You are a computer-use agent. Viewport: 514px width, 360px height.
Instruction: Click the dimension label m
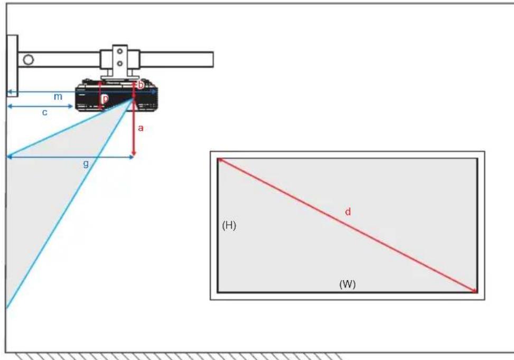click(x=58, y=97)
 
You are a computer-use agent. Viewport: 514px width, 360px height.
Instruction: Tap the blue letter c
click(x=45, y=112)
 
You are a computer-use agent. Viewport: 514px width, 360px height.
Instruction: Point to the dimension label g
click(x=86, y=164)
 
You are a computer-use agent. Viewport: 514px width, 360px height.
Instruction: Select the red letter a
click(x=141, y=128)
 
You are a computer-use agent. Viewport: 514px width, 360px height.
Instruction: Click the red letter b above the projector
click(x=141, y=85)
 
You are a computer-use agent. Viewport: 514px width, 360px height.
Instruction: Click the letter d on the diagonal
click(x=347, y=212)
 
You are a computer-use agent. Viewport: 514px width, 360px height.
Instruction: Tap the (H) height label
click(x=229, y=226)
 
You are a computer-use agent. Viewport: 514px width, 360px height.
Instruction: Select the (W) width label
click(x=347, y=284)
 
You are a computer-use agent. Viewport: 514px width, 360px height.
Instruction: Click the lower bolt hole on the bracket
click(x=120, y=63)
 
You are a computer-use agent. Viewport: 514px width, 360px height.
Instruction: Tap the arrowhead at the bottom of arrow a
click(x=134, y=154)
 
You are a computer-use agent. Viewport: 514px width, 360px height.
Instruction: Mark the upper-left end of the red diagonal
click(x=219, y=159)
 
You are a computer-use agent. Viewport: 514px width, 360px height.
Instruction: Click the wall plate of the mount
click(x=12, y=66)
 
